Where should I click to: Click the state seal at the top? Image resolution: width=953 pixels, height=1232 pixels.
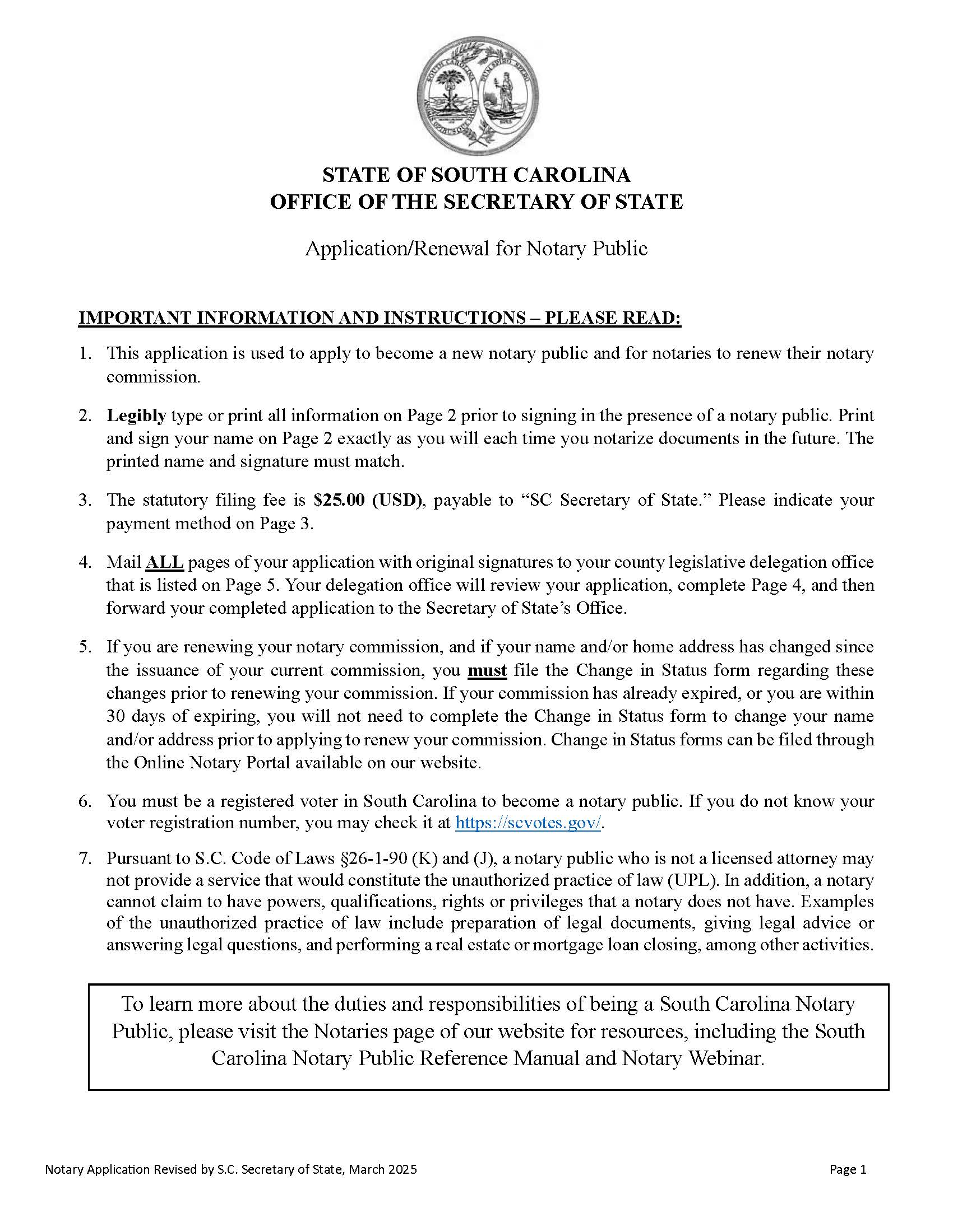477,96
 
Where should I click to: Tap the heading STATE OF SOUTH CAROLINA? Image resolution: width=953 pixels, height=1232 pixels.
476,175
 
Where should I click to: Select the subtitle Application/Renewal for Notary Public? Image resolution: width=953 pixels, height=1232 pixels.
476,248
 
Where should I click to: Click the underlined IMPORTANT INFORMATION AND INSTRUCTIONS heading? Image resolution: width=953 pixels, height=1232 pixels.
380,318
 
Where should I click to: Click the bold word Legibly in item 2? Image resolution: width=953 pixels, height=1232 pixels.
136,416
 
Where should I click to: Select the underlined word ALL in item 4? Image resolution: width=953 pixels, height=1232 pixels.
164,562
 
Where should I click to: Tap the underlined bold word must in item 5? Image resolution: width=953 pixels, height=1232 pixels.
487,670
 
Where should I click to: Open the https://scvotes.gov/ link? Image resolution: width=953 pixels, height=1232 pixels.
529,823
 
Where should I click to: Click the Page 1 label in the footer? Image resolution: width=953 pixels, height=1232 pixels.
848,1169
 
